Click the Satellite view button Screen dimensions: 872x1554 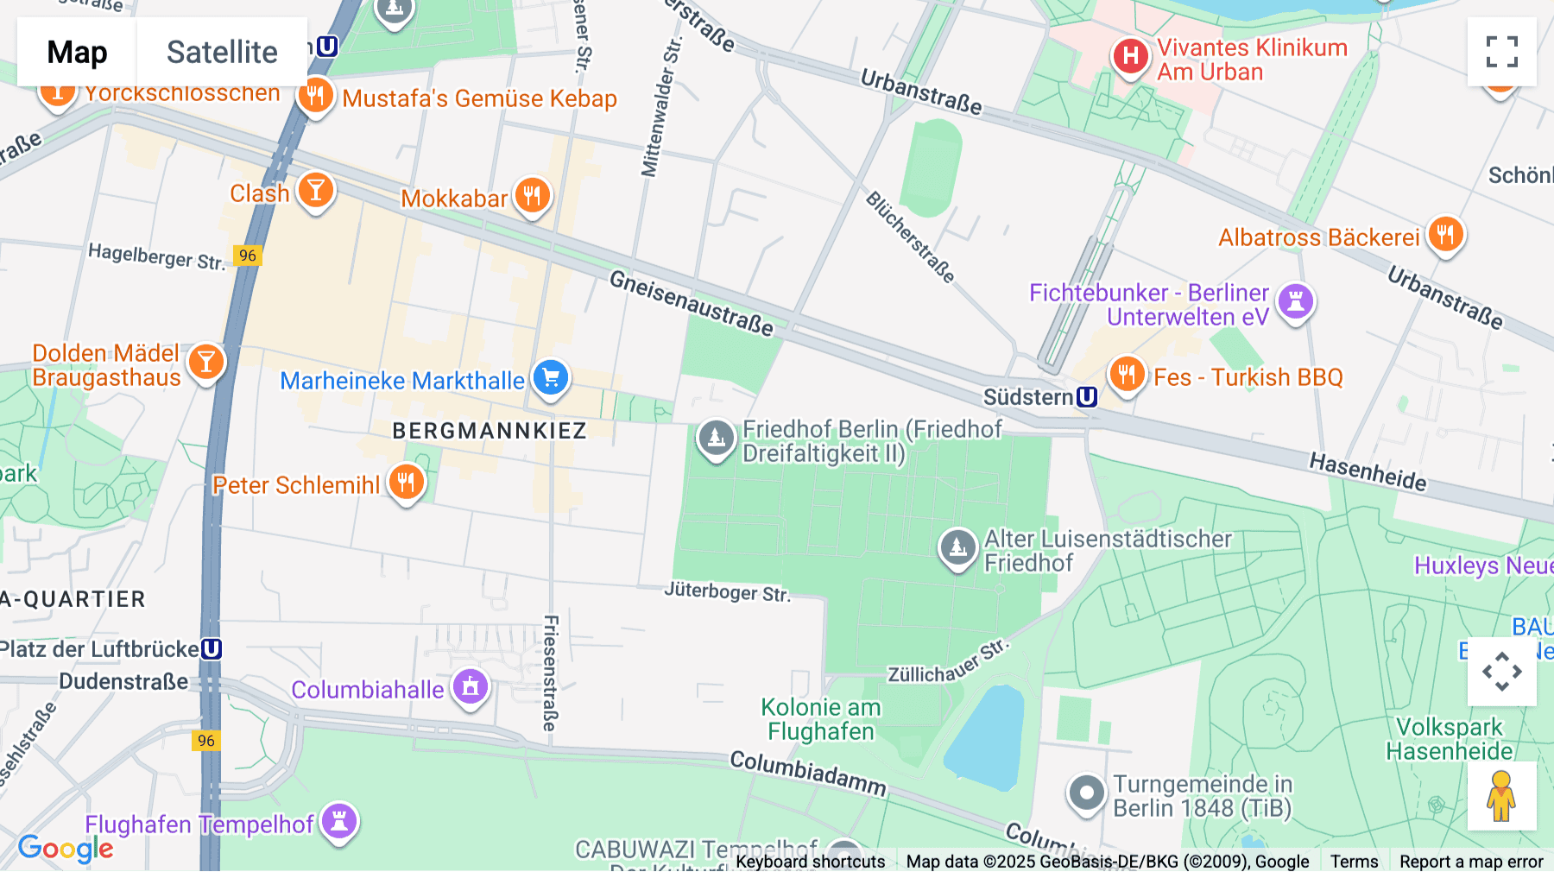pos(222,52)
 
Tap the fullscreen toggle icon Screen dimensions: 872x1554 pos(1501,52)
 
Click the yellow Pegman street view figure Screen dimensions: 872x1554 pos(1501,796)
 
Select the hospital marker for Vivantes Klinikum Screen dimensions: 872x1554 pos(1130,57)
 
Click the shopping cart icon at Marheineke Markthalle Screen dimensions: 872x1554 pos(551,377)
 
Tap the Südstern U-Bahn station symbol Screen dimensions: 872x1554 pos(1087,397)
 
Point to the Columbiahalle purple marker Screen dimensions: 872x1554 pos(471,687)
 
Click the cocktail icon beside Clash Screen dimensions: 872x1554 pos(316,190)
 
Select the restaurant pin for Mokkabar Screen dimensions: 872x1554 pos(533,196)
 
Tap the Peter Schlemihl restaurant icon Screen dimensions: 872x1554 pos(406,482)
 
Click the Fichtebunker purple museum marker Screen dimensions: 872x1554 pos(1295,301)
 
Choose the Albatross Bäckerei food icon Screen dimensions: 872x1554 pos(1446,234)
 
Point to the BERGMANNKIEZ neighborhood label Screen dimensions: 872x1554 pos(490,431)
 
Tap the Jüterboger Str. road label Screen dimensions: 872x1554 pos(727,592)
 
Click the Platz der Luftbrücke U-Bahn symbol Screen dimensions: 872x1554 pos(212,649)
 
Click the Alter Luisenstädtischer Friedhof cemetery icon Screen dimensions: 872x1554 pos(957,547)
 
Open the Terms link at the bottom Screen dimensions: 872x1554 pos(1354,861)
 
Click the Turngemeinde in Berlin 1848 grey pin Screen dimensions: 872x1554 pos(1086,792)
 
